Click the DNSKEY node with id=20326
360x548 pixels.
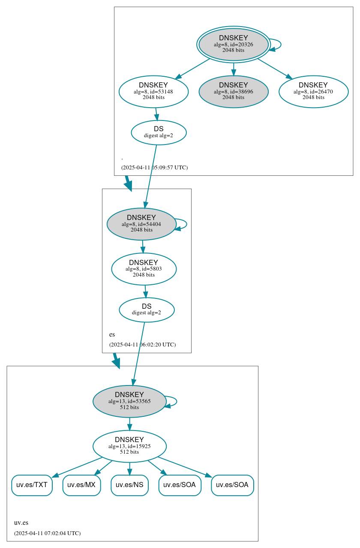(233, 44)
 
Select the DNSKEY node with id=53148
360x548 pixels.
(153, 91)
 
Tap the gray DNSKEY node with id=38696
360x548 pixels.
(233, 91)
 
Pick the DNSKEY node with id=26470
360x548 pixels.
(313, 91)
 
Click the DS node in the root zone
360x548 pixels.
(159, 132)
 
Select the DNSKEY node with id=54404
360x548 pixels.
(141, 224)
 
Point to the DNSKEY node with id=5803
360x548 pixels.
(144, 269)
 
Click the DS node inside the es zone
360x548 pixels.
(147, 310)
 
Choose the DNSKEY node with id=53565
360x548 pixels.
(129, 401)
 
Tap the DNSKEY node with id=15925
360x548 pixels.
(129, 446)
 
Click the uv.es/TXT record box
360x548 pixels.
(32, 485)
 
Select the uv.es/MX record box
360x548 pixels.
(81, 485)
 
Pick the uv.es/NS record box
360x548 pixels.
(129, 485)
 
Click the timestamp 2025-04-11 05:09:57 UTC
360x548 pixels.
(154, 167)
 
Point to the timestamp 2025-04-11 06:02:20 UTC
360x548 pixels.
(142, 344)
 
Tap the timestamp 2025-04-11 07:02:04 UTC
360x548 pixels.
(47, 533)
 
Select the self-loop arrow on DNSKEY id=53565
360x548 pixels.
(176, 401)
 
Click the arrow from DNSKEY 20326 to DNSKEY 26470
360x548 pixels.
(275, 69)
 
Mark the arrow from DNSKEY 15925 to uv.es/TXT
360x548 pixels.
(77, 467)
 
